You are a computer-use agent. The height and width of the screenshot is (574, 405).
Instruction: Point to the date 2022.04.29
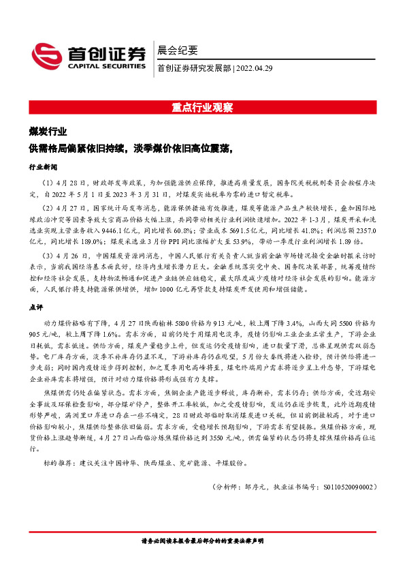(x=255, y=67)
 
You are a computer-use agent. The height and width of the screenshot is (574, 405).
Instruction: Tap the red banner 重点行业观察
(x=202, y=107)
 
